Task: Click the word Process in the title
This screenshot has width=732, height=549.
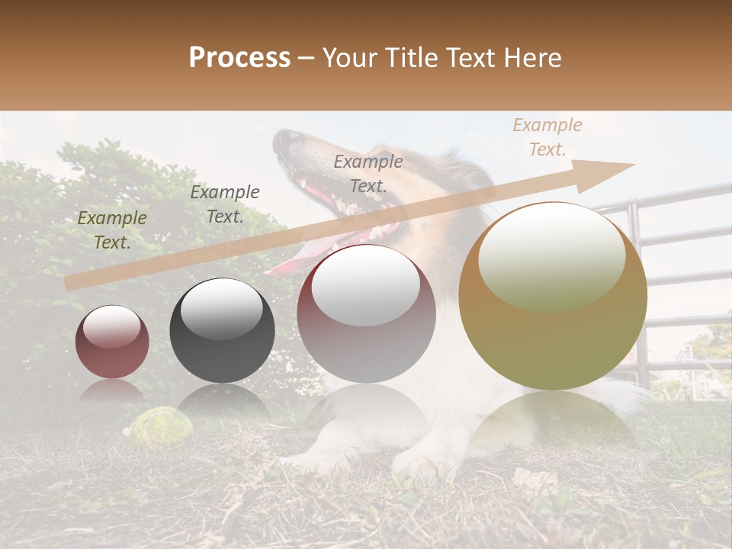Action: click(x=239, y=58)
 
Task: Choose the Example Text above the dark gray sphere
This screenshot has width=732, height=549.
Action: click(x=224, y=204)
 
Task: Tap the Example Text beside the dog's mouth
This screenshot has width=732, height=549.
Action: click(x=368, y=174)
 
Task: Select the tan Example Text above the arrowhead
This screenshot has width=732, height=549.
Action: click(x=547, y=137)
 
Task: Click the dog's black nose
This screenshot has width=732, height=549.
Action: click(x=287, y=139)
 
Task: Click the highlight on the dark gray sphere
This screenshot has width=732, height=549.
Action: click(x=221, y=309)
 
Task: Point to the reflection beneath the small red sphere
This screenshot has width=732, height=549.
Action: click(x=112, y=393)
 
